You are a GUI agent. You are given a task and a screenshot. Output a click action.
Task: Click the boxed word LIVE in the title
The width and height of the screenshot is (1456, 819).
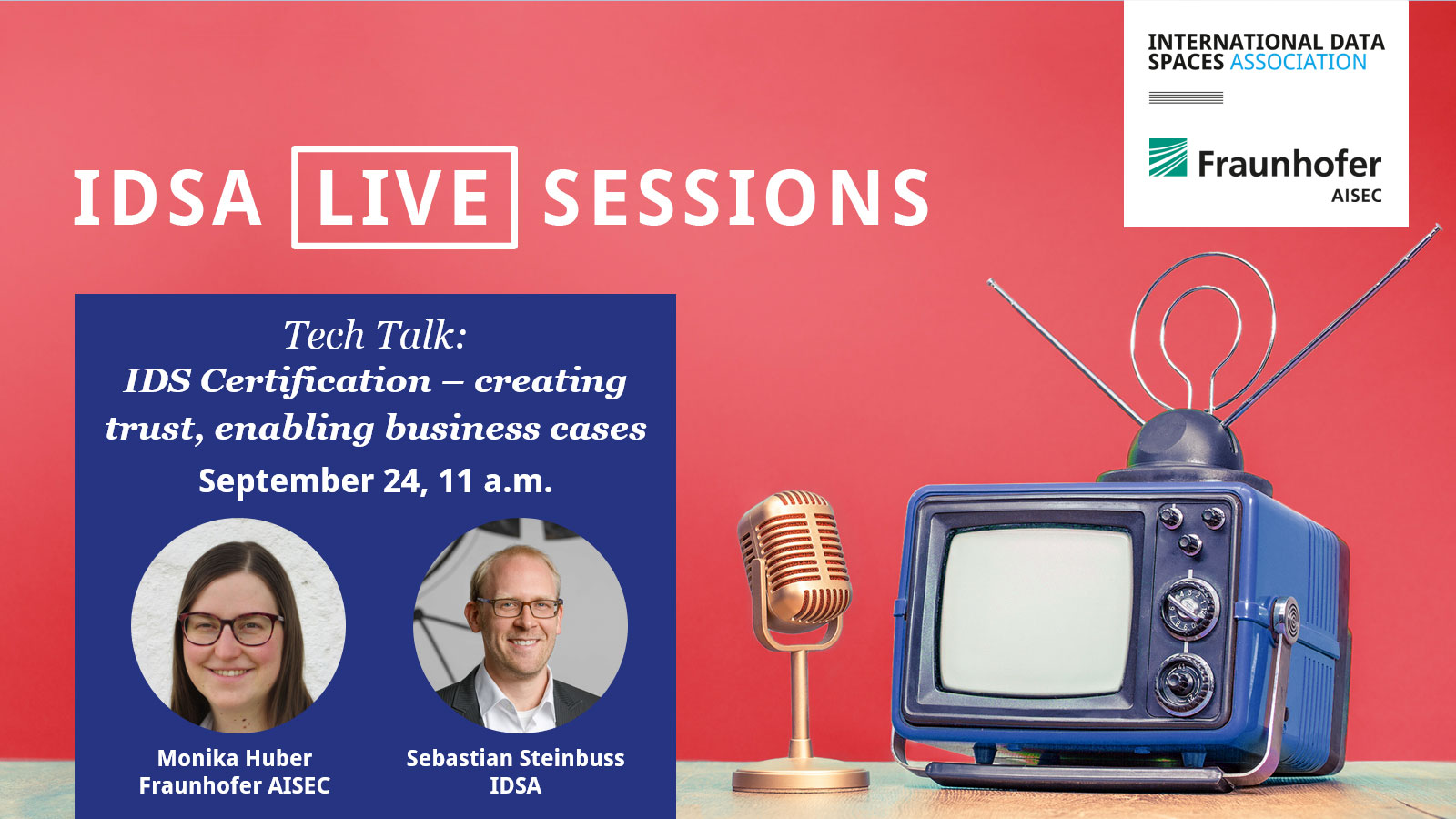(403, 197)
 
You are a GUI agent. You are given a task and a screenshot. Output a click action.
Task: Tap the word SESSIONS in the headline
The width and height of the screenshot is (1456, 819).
(736, 197)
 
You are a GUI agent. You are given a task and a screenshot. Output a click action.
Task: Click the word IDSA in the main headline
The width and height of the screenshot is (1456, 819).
(167, 197)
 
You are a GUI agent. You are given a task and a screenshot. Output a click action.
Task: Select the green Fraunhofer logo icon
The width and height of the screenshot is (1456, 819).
(1168, 157)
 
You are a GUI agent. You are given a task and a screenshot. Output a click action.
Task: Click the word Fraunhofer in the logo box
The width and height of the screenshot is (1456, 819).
(1289, 164)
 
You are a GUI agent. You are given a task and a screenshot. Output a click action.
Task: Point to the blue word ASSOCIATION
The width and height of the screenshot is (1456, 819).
(1299, 63)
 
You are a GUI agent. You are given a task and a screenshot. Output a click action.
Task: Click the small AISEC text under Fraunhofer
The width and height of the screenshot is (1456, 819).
(1357, 196)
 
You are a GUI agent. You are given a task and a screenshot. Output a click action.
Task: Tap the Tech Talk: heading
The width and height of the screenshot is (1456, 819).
(375, 336)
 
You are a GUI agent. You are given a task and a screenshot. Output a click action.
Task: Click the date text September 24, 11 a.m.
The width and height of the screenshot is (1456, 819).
(375, 481)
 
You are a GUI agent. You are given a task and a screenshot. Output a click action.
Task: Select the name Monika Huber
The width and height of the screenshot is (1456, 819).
(235, 759)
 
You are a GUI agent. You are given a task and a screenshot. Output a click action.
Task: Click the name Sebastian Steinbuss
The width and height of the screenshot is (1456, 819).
(515, 759)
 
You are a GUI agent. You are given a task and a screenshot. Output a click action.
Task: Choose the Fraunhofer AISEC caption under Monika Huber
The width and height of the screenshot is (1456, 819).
(235, 786)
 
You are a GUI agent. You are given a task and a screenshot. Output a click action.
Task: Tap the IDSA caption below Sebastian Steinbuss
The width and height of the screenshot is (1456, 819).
(515, 786)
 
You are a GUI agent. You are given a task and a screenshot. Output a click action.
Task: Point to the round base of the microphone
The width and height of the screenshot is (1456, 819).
(801, 777)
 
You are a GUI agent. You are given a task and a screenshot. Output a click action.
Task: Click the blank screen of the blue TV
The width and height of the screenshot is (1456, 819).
(1036, 611)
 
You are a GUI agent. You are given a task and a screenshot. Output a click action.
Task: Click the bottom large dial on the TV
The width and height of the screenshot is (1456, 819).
(1184, 684)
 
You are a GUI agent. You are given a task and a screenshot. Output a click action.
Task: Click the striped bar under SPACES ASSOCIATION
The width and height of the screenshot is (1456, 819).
(1187, 97)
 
